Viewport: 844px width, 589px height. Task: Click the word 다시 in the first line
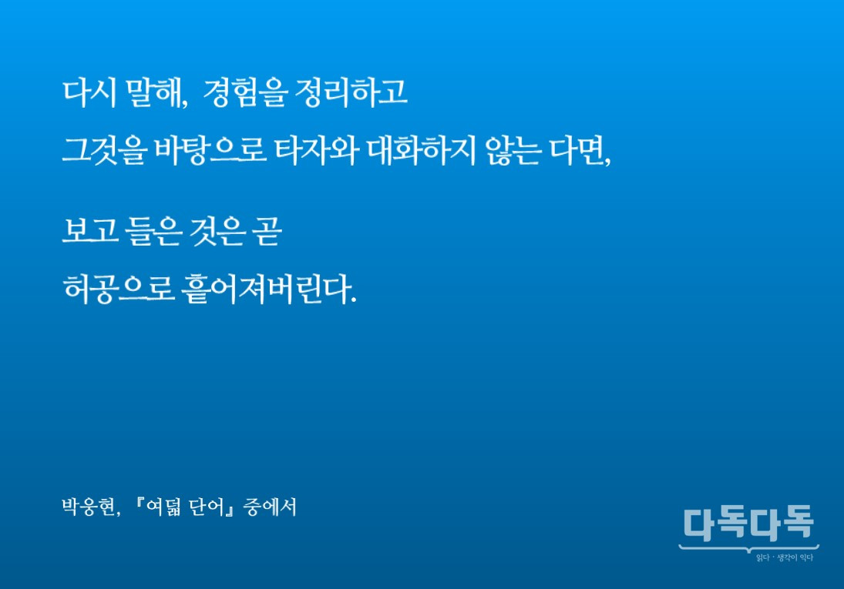(x=89, y=94)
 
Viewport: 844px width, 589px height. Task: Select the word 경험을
(x=244, y=94)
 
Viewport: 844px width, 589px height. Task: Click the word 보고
(x=88, y=233)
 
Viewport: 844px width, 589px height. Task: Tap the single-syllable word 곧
(x=266, y=233)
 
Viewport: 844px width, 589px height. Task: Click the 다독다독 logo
(x=748, y=525)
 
